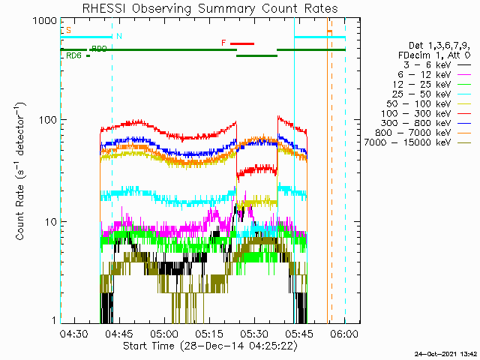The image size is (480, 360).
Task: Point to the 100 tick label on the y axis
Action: pyautogui.click(x=48, y=120)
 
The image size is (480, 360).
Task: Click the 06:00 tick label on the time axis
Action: pyautogui.click(x=345, y=334)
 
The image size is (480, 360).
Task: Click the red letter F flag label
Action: pyautogui.click(x=223, y=43)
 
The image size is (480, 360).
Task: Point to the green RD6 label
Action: pyautogui.click(x=73, y=55)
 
